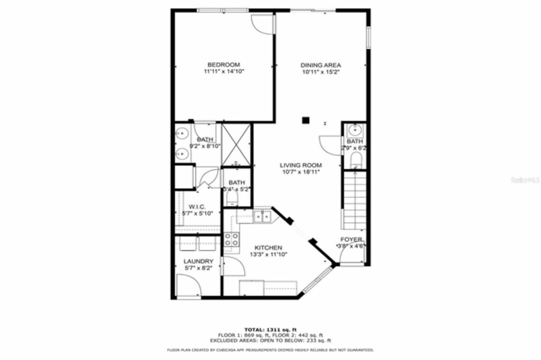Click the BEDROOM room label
click(x=224, y=65)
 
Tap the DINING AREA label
click(x=320, y=65)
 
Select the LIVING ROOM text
click(x=301, y=165)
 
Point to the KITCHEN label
click(x=268, y=248)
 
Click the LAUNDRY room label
click(x=198, y=261)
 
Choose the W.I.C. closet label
click(x=197, y=207)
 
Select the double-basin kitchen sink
click(x=262, y=217)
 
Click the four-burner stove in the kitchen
click(x=231, y=240)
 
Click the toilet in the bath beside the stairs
click(x=356, y=160)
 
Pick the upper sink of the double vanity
click(x=182, y=134)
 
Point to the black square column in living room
click(x=306, y=120)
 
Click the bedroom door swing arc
click(x=261, y=25)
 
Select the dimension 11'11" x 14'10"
click(x=224, y=72)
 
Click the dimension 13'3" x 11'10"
click(x=268, y=254)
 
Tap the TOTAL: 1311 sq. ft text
click(x=270, y=329)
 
